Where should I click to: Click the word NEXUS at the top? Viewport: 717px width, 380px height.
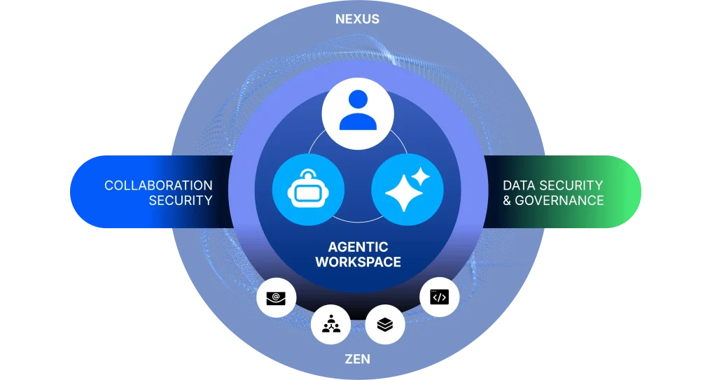pyautogui.click(x=357, y=19)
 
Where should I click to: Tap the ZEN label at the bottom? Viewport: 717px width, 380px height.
pyautogui.click(x=357, y=360)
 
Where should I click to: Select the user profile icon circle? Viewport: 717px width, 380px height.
pyautogui.click(x=358, y=113)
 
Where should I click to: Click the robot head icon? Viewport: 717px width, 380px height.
pyautogui.click(x=308, y=189)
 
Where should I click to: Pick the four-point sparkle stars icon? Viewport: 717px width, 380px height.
pyautogui.click(x=408, y=189)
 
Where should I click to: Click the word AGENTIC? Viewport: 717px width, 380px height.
pyautogui.click(x=358, y=247)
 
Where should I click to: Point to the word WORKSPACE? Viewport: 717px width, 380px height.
pyautogui.click(x=358, y=262)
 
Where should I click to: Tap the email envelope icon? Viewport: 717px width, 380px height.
pyautogui.click(x=277, y=297)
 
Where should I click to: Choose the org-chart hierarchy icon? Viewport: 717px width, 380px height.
pyautogui.click(x=330, y=323)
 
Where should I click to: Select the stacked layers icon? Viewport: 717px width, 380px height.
pyautogui.click(x=385, y=323)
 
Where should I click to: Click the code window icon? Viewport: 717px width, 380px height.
pyautogui.click(x=439, y=297)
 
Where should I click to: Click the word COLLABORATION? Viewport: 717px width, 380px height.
pyautogui.click(x=158, y=185)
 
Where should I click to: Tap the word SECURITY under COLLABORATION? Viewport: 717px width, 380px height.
pyautogui.click(x=180, y=201)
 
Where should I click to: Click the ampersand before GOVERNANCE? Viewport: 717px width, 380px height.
pyautogui.click(x=508, y=201)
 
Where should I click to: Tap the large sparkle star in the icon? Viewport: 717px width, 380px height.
pyautogui.click(x=403, y=192)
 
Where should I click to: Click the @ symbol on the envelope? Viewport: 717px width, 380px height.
pyautogui.click(x=277, y=297)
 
